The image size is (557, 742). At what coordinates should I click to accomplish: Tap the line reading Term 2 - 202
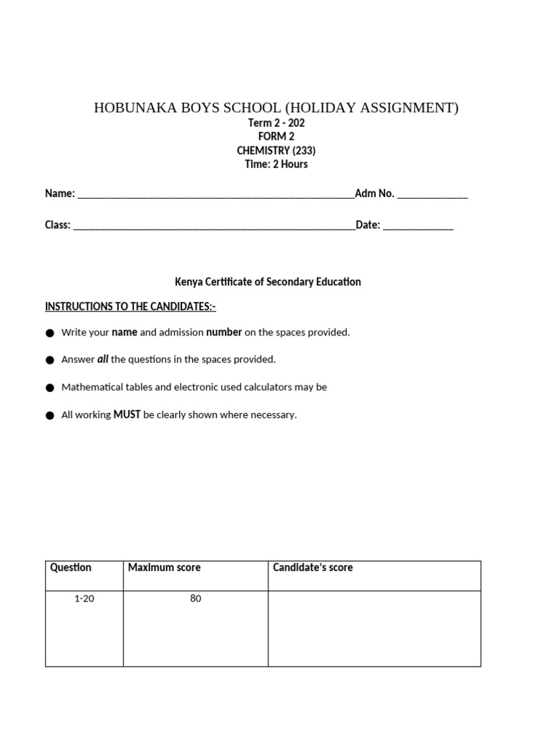tap(276, 123)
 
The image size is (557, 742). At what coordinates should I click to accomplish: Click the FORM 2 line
tap(276, 137)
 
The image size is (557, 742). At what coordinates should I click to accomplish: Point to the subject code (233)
tap(304, 151)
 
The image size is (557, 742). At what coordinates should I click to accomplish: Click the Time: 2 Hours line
tap(276, 164)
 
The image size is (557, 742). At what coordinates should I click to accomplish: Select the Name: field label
tap(60, 193)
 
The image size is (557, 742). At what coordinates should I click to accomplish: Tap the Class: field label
tap(58, 225)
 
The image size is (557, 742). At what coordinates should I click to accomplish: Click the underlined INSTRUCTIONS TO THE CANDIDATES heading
tap(131, 307)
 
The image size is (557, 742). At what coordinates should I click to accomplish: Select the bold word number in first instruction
tap(224, 332)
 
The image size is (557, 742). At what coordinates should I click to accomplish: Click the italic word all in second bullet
tap(102, 359)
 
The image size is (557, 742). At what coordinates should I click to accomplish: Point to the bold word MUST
tap(127, 414)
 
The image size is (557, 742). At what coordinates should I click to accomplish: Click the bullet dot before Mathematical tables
tap(50, 388)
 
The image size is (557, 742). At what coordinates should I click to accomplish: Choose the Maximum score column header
tap(164, 567)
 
